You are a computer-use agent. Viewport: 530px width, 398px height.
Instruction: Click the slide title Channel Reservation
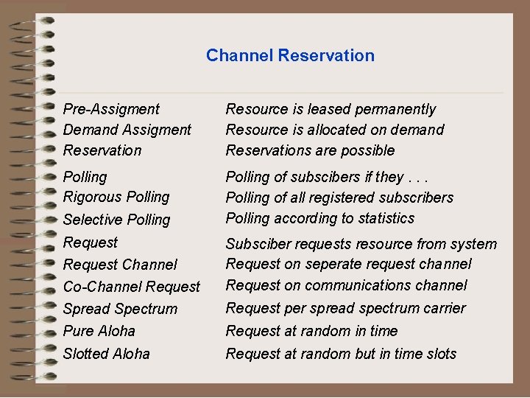[290, 55]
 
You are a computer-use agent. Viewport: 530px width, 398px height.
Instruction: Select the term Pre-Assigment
[111, 109]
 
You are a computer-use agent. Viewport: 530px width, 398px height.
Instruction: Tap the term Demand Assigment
[127, 130]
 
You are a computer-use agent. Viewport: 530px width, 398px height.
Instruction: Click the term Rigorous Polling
[116, 197]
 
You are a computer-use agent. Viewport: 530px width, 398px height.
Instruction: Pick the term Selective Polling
[116, 220]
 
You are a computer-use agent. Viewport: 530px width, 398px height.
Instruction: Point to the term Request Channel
[120, 264]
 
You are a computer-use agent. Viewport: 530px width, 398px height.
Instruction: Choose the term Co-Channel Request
[132, 287]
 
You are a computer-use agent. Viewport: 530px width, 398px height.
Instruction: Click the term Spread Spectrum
[120, 309]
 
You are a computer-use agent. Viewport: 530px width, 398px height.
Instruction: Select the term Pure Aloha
[99, 331]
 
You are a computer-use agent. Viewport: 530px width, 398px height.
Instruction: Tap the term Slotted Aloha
[107, 354]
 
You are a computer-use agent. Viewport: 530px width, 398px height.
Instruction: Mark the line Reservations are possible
[310, 150]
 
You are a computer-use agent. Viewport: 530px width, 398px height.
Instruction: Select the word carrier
[442, 308]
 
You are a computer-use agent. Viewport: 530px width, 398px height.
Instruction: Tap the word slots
[441, 354]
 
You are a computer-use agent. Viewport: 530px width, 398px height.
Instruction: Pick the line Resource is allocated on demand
[335, 130]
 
